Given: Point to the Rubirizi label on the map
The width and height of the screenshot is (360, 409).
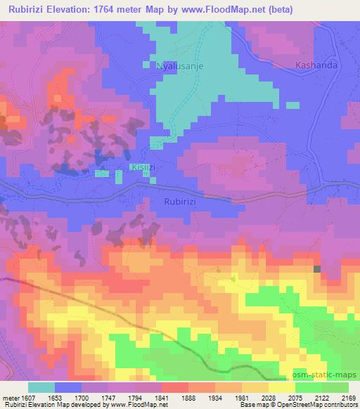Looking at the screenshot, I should (184, 201).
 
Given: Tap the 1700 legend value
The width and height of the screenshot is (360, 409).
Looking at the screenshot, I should (91, 397).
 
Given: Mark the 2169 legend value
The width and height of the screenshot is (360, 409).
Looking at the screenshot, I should (348, 397).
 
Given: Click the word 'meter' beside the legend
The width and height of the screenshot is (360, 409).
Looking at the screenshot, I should (11, 397).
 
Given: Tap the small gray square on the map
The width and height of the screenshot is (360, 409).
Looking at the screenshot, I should (317, 268).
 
